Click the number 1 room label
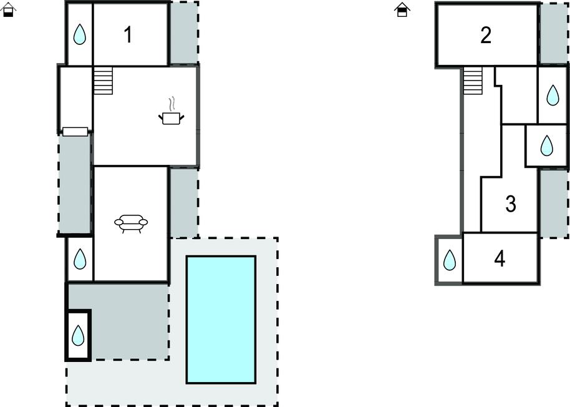tap(128, 35)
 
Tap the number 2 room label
tap(486, 35)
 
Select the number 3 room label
tap(511, 204)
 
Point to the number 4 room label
tap(500, 259)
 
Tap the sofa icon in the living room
tap(131, 223)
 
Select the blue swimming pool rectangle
tap(221, 320)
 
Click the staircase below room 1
tap(104, 81)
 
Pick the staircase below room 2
tap(473, 81)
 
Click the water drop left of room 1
tap(80, 34)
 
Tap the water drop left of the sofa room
tap(80, 259)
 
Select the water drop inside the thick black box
tap(78, 335)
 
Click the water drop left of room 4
tap(450, 260)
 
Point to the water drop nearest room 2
tap(553, 96)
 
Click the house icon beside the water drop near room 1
tap(8, 9)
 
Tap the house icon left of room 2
tap(402, 9)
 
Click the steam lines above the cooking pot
tap(173, 104)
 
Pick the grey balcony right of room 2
tap(554, 34)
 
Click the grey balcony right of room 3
tap(554, 203)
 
